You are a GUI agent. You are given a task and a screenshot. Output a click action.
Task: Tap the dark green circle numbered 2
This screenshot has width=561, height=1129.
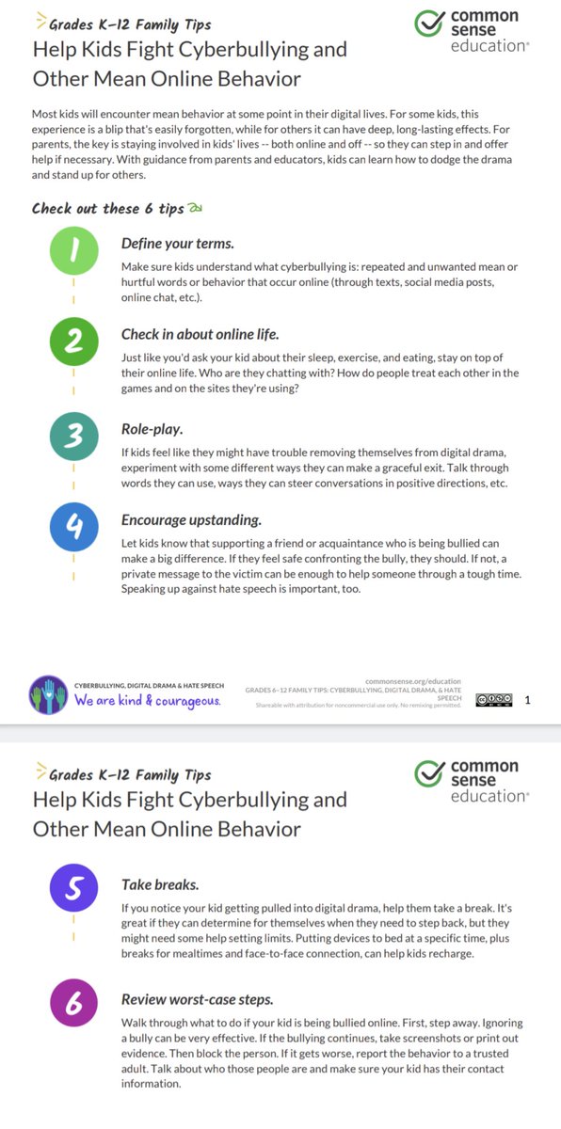tap(73, 342)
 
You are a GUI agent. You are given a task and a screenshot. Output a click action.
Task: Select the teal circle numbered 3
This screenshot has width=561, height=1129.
tap(73, 436)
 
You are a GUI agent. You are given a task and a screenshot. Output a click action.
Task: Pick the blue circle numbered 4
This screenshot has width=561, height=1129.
tap(73, 528)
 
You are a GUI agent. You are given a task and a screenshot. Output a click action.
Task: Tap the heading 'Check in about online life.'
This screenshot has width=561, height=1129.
tap(200, 334)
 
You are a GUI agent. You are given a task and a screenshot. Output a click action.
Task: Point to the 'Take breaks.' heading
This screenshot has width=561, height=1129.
tap(160, 884)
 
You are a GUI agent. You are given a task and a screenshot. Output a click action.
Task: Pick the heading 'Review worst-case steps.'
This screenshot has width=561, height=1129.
tap(198, 999)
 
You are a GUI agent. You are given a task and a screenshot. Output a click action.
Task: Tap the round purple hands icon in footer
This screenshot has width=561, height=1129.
tap(47, 693)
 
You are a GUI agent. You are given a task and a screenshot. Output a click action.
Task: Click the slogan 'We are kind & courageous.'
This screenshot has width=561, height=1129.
tap(149, 701)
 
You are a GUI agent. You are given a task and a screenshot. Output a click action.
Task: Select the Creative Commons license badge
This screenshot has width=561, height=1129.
tap(494, 699)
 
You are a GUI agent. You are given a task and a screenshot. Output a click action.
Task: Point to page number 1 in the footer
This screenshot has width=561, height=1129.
tap(527, 699)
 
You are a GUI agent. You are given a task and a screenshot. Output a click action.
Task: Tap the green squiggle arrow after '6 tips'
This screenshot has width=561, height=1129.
tap(196, 208)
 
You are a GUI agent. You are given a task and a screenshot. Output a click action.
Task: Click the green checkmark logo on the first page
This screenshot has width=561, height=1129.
tap(430, 25)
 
